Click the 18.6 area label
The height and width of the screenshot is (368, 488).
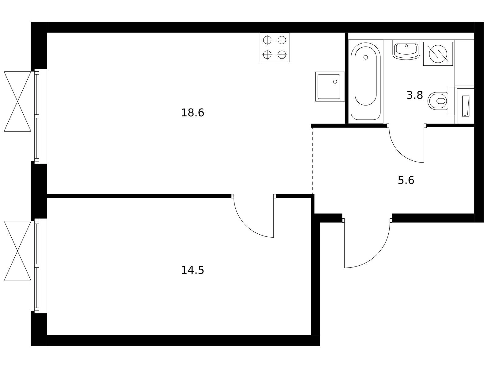[x=193, y=113]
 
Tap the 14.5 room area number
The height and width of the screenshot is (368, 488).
[x=193, y=270]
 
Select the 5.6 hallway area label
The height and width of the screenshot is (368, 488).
[x=406, y=180]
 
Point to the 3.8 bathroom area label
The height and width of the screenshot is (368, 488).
[x=415, y=95]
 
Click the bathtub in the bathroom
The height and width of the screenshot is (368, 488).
[x=365, y=81]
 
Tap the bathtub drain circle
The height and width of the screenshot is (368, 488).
[x=365, y=57]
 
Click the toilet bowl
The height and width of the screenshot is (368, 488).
[x=438, y=101]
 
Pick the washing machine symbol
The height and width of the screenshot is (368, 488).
[x=438, y=54]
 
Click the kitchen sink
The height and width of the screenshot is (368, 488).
[x=330, y=86]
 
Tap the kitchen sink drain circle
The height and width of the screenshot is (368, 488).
[x=335, y=82]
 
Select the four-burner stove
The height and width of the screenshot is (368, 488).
[x=275, y=47]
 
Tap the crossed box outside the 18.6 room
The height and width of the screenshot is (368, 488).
[x=17, y=102]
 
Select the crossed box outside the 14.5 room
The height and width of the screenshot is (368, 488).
[x=17, y=251]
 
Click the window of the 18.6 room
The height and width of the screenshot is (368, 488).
[x=39, y=116]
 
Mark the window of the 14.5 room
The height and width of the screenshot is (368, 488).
[x=39, y=266]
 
